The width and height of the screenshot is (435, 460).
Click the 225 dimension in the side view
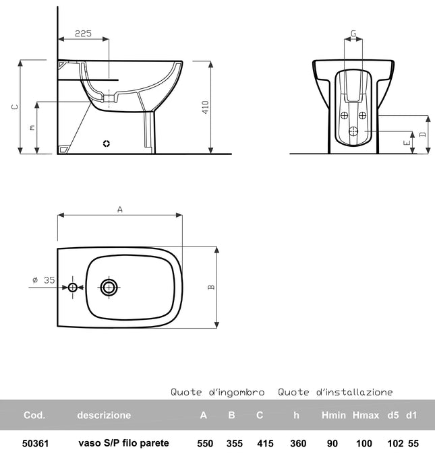tap(83, 32)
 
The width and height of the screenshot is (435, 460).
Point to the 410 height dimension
tap(206, 106)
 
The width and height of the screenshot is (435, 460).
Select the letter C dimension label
tap(15, 106)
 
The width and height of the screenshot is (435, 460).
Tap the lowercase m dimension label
tap(31, 127)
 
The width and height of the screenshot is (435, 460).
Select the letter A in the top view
tap(120, 209)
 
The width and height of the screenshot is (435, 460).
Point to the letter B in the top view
tap(211, 287)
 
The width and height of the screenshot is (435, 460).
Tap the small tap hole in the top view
tap(73, 288)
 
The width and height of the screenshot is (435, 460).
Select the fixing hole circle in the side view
tap(105, 143)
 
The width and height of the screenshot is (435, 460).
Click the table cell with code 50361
tap(34, 443)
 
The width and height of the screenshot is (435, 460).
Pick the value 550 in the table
tap(204, 443)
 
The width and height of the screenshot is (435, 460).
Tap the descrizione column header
tap(104, 415)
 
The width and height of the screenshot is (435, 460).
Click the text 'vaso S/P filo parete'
tap(123, 443)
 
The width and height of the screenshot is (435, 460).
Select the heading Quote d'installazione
tap(335, 392)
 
